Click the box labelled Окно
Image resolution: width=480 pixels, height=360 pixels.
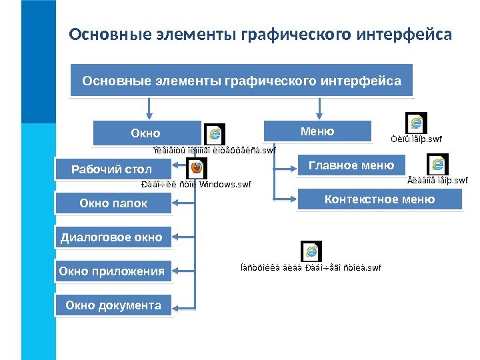click(x=146, y=133)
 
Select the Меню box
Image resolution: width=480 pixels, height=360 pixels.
click(x=317, y=131)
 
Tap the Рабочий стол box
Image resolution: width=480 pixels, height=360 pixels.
click(x=112, y=169)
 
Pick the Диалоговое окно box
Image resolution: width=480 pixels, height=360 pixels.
click(x=111, y=237)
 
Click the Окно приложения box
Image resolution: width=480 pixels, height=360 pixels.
click(x=111, y=271)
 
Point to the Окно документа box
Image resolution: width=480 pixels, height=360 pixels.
click(x=113, y=305)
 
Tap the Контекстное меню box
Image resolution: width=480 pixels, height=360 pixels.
click(x=379, y=199)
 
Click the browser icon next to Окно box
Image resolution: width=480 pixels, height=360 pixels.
click(x=215, y=134)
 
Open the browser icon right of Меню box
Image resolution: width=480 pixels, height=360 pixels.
click(x=417, y=123)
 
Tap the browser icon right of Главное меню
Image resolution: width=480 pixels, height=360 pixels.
click(x=437, y=164)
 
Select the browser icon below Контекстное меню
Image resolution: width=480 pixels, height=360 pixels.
click(x=311, y=251)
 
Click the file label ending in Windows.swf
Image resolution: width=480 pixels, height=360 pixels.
click(x=197, y=184)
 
